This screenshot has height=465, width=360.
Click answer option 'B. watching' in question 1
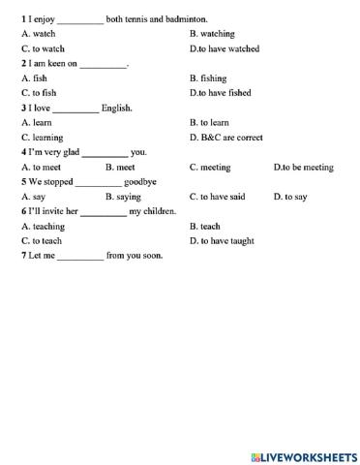(x=212, y=33)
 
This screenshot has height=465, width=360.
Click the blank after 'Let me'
(x=79, y=256)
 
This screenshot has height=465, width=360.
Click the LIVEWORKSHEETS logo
(x=303, y=454)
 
